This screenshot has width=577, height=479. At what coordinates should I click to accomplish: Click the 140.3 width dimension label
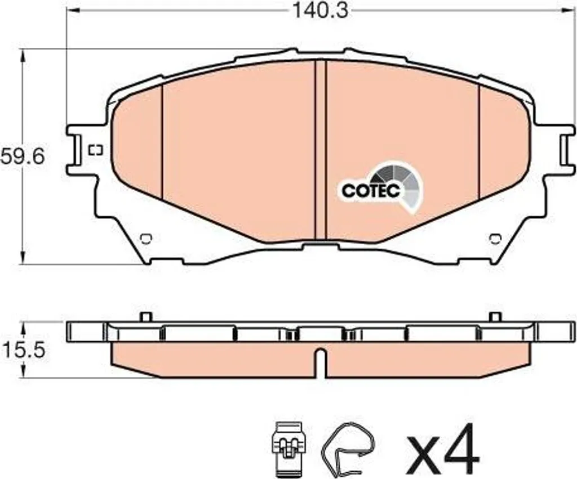[x=320, y=11]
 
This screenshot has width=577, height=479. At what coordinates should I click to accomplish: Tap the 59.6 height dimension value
[x=23, y=156]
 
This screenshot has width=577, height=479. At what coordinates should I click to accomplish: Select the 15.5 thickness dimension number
[x=24, y=350]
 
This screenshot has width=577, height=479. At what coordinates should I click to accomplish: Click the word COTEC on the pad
[x=371, y=190]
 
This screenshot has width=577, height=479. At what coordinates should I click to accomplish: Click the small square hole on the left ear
[x=96, y=150]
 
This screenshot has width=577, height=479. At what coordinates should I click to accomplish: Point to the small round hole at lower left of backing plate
[x=146, y=239]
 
